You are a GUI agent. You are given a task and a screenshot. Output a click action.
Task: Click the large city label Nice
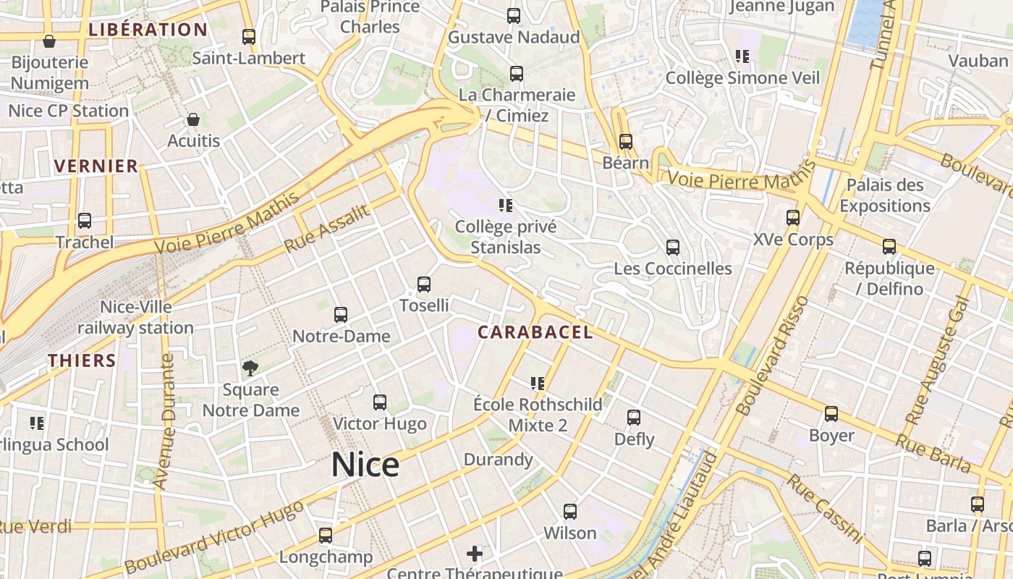click(x=365, y=465)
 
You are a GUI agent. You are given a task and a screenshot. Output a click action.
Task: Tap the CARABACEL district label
click(x=535, y=332)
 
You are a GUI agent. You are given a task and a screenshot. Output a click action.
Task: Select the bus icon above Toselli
click(x=424, y=284)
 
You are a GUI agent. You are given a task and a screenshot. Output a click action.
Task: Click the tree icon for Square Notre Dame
click(x=250, y=368)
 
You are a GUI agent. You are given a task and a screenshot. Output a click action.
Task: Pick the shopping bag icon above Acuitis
click(x=193, y=119)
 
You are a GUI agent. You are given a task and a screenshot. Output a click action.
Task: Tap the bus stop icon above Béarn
click(x=626, y=142)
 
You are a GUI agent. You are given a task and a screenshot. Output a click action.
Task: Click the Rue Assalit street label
click(x=327, y=229)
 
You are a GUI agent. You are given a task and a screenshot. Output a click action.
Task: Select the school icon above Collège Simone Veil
click(x=742, y=56)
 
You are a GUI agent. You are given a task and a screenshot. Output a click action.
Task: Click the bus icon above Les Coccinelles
click(x=673, y=248)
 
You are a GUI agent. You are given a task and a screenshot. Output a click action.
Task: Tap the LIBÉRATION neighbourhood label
click(x=148, y=30)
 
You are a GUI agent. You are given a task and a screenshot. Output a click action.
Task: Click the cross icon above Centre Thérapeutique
click(x=475, y=554)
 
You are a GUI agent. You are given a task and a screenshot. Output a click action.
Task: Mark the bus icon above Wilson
click(x=570, y=512)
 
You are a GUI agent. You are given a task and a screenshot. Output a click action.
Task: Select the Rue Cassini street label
click(x=826, y=509)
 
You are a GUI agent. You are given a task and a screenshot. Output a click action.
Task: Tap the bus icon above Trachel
click(x=85, y=221)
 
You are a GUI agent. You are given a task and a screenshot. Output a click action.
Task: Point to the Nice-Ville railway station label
click(x=136, y=317)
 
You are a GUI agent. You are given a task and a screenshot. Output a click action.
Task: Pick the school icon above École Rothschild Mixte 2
click(x=537, y=383)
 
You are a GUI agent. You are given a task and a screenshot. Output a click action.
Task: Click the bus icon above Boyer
click(x=831, y=415)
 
